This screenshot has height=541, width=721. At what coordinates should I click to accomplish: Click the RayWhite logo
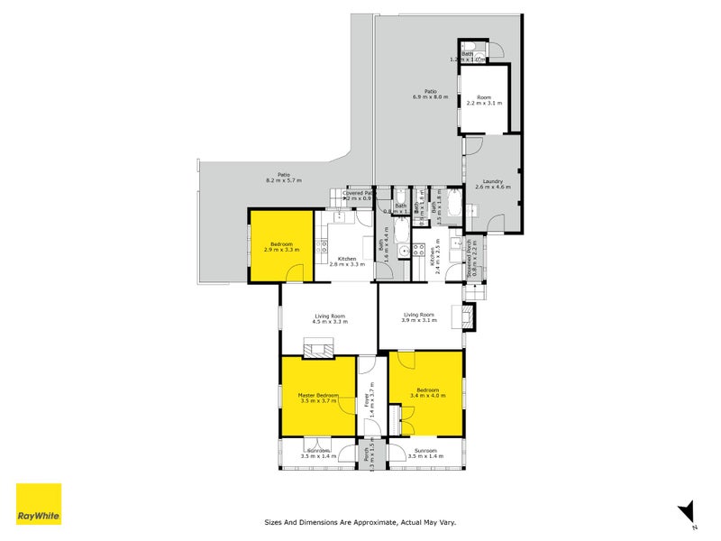coord(39,504)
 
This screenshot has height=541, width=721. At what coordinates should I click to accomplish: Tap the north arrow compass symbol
coord(687,511)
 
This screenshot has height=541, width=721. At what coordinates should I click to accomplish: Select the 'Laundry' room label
coord(492,183)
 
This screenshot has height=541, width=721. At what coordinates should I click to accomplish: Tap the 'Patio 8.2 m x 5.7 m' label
coord(283,178)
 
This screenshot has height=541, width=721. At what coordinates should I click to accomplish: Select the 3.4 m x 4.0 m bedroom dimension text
coord(426,394)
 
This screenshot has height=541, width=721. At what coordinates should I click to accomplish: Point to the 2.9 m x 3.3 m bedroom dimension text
coord(280,249)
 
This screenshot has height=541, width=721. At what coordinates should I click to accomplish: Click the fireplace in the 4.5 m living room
coord(318,348)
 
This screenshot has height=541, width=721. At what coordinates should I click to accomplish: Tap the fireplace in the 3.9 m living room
coord(468,316)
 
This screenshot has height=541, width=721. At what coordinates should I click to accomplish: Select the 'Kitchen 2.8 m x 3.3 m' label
coord(346,261)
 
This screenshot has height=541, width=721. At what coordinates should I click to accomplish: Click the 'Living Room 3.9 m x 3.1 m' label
coord(418,317)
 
